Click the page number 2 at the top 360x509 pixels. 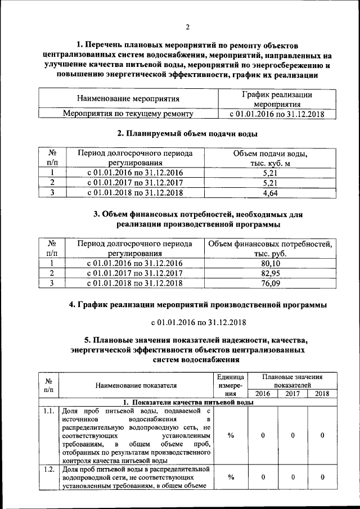[188, 28]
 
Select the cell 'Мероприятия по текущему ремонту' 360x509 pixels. [128, 114]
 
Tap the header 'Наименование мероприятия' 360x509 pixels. [128, 99]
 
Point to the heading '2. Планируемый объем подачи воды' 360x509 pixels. [187, 134]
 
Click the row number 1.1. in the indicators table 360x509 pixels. [49, 411]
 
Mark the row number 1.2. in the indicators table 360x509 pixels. [49, 469]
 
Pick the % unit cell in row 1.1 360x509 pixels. [231, 436]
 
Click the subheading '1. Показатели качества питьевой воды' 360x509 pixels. [188, 403]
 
